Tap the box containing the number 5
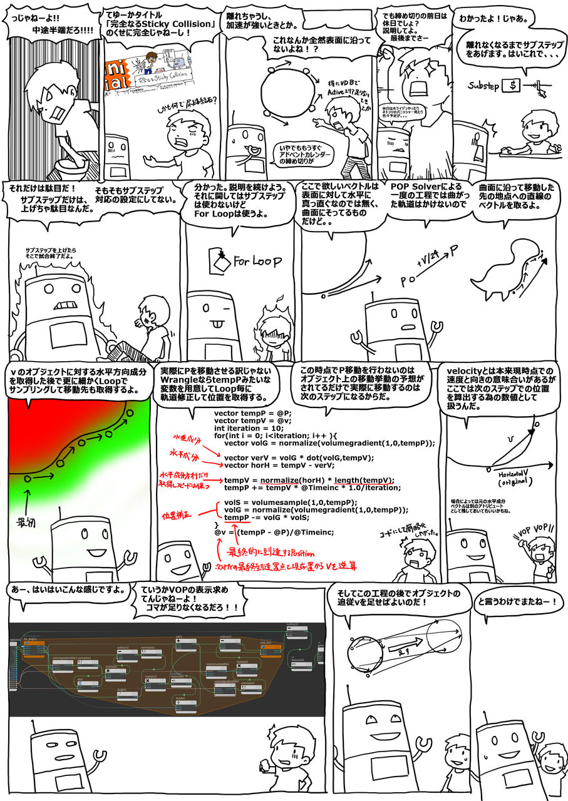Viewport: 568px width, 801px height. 514,84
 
